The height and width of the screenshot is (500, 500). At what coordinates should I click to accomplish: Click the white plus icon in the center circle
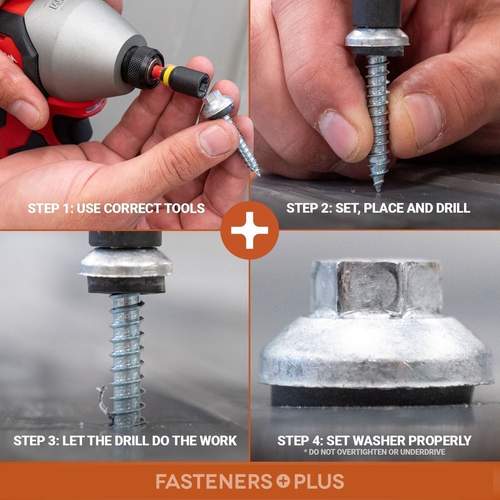tap(249, 230)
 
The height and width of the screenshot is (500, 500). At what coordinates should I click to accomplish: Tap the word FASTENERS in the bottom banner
tap(214, 482)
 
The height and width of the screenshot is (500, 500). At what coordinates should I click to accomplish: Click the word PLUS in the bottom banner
tap(319, 482)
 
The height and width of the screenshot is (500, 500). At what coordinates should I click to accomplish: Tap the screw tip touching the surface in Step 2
tap(378, 189)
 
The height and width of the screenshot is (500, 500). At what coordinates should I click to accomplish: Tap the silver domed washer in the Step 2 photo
tap(377, 39)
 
